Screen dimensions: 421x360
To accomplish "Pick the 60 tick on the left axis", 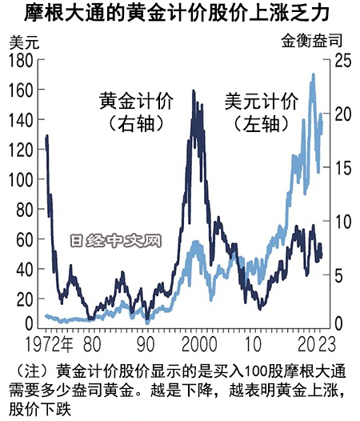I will click(23, 239).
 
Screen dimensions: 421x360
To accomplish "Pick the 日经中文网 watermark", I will click(115, 239).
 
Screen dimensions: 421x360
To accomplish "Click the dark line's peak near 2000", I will click(194, 91).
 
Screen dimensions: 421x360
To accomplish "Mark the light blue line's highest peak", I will click(313, 74).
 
